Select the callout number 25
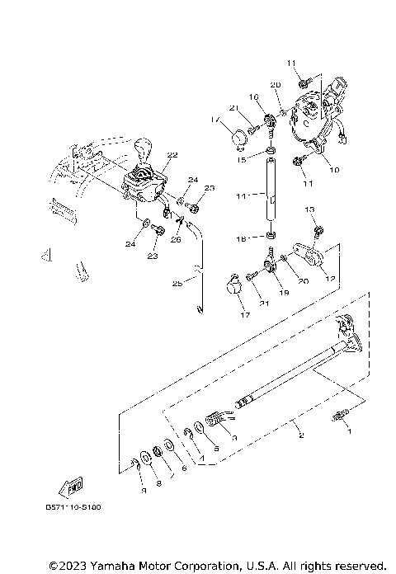pyautogui.click(x=177, y=284)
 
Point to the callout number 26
pyautogui.click(x=176, y=239)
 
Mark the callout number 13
pyautogui.click(x=310, y=211)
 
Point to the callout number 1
pyautogui.click(x=347, y=430)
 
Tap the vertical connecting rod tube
pyautogui.click(x=269, y=198)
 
